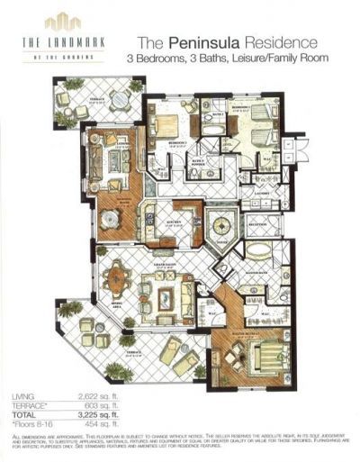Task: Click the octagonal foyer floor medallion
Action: [x=218, y=222]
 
